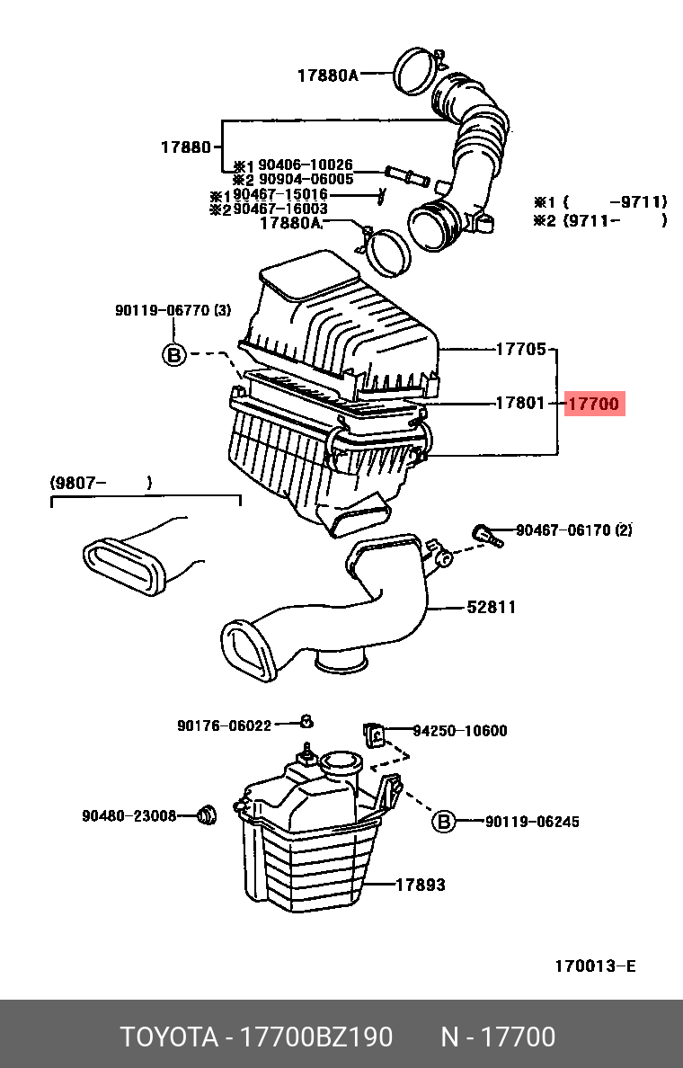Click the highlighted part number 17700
(x=594, y=405)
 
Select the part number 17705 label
(x=520, y=349)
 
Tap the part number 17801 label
(x=520, y=404)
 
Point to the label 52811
(x=491, y=607)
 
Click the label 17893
(x=420, y=885)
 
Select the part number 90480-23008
(x=129, y=815)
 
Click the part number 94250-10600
(x=459, y=731)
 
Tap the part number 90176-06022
(x=224, y=725)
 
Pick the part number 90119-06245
(x=532, y=821)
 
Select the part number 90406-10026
(x=306, y=165)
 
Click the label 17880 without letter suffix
(x=185, y=147)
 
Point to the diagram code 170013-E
(x=594, y=966)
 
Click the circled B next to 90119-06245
(x=443, y=821)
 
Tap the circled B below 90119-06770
(x=173, y=354)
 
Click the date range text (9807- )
(x=101, y=484)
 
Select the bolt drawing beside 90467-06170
(x=485, y=535)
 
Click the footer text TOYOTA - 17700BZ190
(x=257, y=1037)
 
